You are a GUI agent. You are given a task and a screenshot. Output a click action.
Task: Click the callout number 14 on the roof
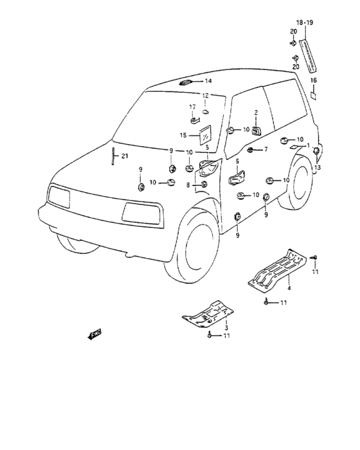[208, 82]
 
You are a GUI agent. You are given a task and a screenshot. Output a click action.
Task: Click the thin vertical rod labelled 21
[113, 155]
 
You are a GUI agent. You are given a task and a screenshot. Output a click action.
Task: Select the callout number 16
[314, 80]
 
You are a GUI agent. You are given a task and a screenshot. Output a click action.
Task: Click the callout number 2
[255, 113]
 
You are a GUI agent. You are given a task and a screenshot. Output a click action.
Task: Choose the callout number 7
[265, 150]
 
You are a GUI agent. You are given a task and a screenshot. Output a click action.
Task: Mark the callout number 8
[188, 185]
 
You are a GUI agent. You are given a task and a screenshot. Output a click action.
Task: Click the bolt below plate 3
[210, 336]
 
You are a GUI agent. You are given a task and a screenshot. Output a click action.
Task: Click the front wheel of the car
[193, 241]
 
